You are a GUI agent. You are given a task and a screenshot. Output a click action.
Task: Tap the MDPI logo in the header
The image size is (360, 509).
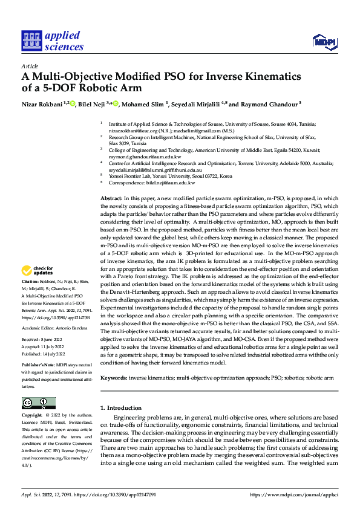[x=322, y=41]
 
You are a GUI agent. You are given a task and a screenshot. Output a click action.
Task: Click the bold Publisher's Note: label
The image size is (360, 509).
[x=40, y=366]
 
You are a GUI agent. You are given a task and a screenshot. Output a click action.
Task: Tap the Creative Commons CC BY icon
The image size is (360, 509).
[x=38, y=403]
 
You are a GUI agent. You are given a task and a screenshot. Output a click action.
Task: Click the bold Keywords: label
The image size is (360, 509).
[x=114, y=378]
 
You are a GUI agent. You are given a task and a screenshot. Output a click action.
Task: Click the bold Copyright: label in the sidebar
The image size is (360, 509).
[x=33, y=417]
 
